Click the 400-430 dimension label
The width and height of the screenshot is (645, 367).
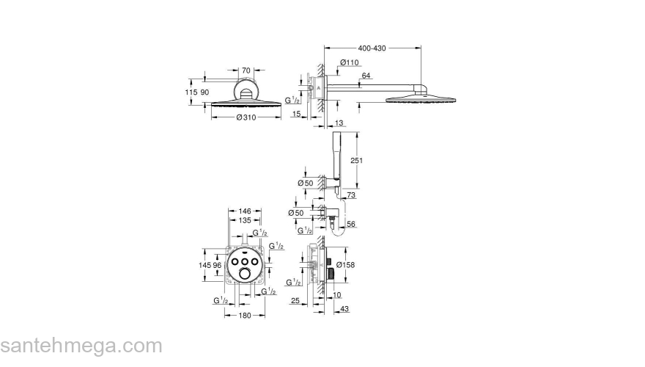(x=371, y=48)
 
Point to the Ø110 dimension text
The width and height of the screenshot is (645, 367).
(x=350, y=63)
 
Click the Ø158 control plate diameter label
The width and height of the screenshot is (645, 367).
(x=349, y=264)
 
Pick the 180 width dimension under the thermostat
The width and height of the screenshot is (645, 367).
(x=244, y=315)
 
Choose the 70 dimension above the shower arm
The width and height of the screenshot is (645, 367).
(x=246, y=70)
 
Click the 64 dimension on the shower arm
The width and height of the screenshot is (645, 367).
(x=366, y=76)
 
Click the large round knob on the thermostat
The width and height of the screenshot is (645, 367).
(x=244, y=275)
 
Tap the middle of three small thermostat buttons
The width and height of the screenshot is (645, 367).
(x=244, y=261)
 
